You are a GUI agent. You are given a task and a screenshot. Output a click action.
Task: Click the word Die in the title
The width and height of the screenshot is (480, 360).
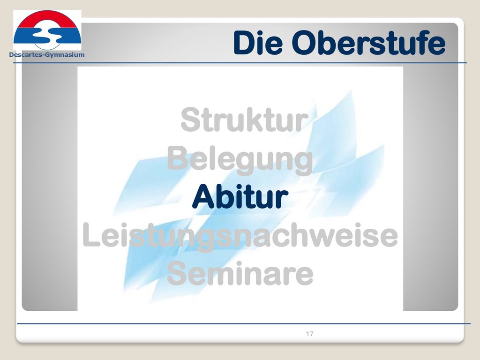pyautogui.click(x=258, y=43)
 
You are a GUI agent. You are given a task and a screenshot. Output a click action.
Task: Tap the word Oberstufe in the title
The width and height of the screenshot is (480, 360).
pyautogui.click(x=368, y=43)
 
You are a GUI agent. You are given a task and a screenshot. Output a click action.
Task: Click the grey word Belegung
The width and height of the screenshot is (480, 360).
pyautogui.click(x=240, y=160)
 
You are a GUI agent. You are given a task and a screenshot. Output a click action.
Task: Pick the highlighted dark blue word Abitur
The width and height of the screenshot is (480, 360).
pyautogui.click(x=240, y=197)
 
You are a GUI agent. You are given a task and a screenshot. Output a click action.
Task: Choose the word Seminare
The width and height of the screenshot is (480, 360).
pyautogui.click(x=240, y=273)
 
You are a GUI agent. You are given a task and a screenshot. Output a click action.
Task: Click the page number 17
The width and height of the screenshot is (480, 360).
pyautogui.click(x=309, y=334)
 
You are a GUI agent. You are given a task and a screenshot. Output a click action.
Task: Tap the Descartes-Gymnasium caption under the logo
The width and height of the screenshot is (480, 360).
pyautogui.click(x=47, y=55)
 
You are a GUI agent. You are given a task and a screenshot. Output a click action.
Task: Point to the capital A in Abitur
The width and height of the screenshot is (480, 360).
pyautogui.click(x=203, y=197)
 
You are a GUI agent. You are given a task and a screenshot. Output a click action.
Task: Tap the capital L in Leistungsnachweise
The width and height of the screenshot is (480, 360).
pyautogui.click(x=90, y=235)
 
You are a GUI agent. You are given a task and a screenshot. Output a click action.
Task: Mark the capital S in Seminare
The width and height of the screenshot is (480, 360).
pyautogui.click(x=177, y=273)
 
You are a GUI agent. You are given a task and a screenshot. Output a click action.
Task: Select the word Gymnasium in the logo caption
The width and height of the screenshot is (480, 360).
pyautogui.click(x=65, y=55)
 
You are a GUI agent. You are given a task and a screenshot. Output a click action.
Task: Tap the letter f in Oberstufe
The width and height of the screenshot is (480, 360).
pyautogui.click(x=418, y=42)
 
